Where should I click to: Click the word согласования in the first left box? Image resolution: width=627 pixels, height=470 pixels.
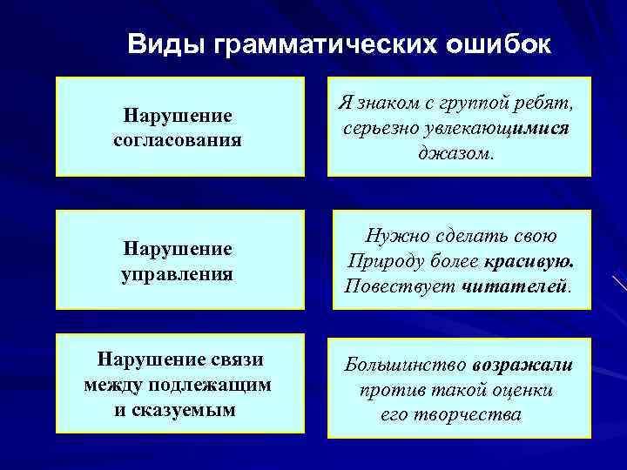tap(178, 139)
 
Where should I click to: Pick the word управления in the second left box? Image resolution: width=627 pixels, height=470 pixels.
tap(178, 274)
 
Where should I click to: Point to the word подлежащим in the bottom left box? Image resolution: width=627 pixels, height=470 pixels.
tap(220, 384)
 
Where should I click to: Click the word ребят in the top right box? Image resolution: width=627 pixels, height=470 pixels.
tap(541, 104)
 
